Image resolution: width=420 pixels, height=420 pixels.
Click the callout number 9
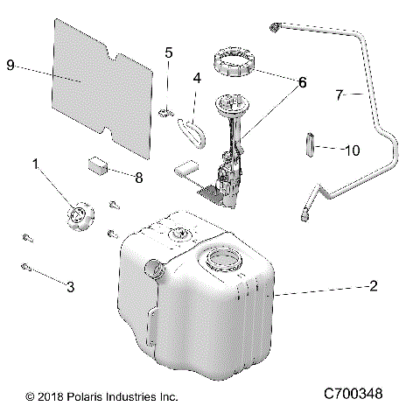(x=10, y=65)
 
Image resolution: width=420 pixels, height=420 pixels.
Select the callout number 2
(x=374, y=285)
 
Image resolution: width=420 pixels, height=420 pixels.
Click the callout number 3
(x=71, y=286)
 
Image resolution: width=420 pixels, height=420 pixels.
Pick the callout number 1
(x=36, y=164)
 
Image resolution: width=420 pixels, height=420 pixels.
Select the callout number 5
(x=169, y=52)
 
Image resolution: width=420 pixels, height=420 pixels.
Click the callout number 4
(x=197, y=78)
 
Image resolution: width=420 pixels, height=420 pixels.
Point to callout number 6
(x=302, y=83)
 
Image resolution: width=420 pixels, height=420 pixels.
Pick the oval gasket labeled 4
(x=191, y=131)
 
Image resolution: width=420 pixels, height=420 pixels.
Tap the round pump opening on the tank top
(x=221, y=259)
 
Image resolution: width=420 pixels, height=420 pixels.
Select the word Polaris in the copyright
(x=81, y=396)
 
